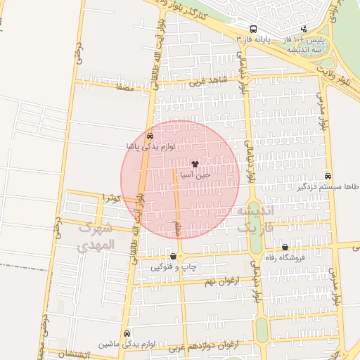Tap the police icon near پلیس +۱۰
point(303,30)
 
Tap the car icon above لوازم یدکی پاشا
point(150,135)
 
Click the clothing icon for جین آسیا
point(194,163)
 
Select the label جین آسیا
point(192,174)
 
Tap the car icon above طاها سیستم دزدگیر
point(328,176)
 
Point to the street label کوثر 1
point(112,199)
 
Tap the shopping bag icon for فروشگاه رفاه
point(285,247)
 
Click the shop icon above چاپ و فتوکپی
point(173,256)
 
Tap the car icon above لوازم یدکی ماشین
point(127,333)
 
